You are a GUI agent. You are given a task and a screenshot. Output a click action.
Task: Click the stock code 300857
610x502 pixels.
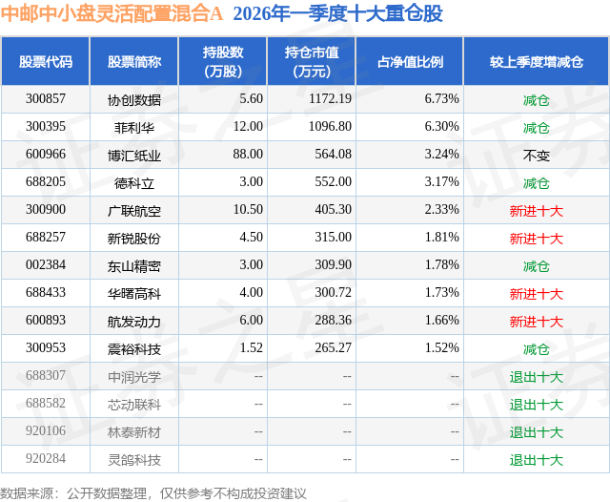[46, 99]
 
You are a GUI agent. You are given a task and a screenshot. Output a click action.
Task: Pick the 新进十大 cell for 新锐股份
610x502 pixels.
[536, 238]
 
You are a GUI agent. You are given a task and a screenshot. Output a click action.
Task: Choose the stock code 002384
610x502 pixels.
[46, 265]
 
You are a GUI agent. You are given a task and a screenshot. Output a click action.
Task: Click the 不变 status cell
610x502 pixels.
[536, 155]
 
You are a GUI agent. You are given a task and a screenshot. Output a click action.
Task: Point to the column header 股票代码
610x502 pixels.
[46, 62]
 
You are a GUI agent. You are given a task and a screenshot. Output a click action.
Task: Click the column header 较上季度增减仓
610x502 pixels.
[536, 62]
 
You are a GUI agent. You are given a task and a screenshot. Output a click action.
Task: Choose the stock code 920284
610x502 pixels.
[46, 460]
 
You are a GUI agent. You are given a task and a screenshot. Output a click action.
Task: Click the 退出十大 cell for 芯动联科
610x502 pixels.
[536, 405]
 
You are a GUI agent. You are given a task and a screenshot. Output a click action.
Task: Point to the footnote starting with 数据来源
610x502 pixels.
[153, 492]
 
